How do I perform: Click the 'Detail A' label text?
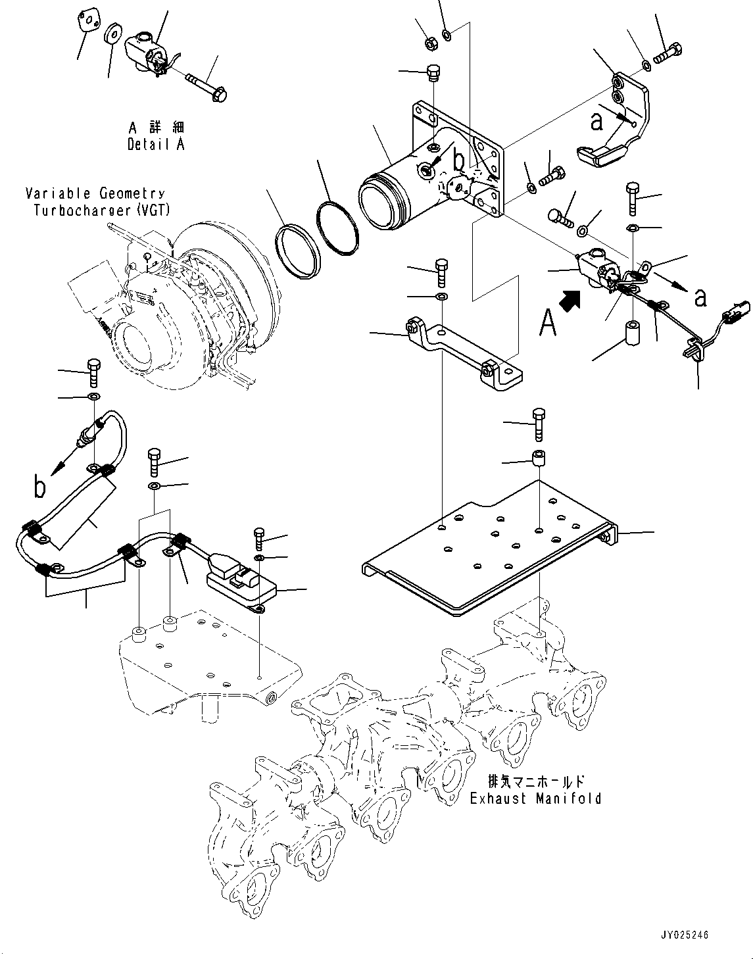pyautogui.click(x=156, y=144)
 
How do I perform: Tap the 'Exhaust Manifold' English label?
pyautogui.click(x=535, y=799)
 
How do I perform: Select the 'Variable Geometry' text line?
pyautogui.click(x=95, y=193)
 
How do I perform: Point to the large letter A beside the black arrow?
pyautogui.click(x=548, y=322)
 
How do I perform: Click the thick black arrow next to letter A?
pyautogui.click(x=570, y=301)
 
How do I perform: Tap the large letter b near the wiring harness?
pyautogui.click(x=40, y=487)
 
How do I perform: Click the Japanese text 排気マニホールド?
pyautogui.click(x=535, y=781)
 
